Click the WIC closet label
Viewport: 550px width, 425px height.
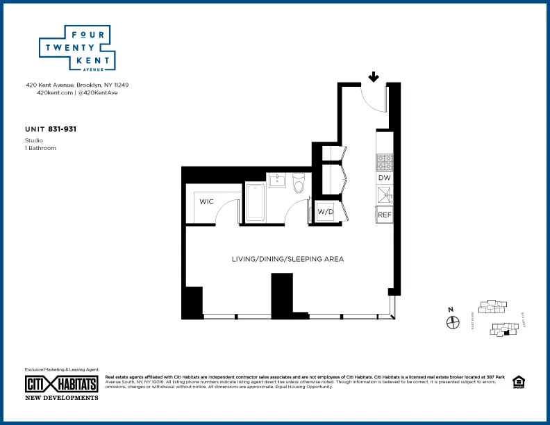click(x=206, y=202)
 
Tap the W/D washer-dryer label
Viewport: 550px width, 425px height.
click(x=326, y=211)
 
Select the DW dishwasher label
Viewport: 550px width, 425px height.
click(x=385, y=178)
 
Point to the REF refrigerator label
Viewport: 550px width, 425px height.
click(x=385, y=215)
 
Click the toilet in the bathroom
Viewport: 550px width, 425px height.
click(x=299, y=183)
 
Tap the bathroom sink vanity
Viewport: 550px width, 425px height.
click(x=277, y=181)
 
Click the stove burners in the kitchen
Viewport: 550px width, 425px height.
click(x=385, y=162)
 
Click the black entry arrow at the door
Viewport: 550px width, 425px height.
click(x=374, y=77)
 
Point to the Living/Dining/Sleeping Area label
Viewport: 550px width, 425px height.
click(x=287, y=259)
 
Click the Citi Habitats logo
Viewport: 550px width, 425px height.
click(x=62, y=384)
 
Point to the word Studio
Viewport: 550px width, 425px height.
click(x=34, y=140)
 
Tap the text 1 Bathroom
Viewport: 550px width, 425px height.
click(x=40, y=148)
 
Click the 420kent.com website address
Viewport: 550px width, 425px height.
click(x=55, y=92)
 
